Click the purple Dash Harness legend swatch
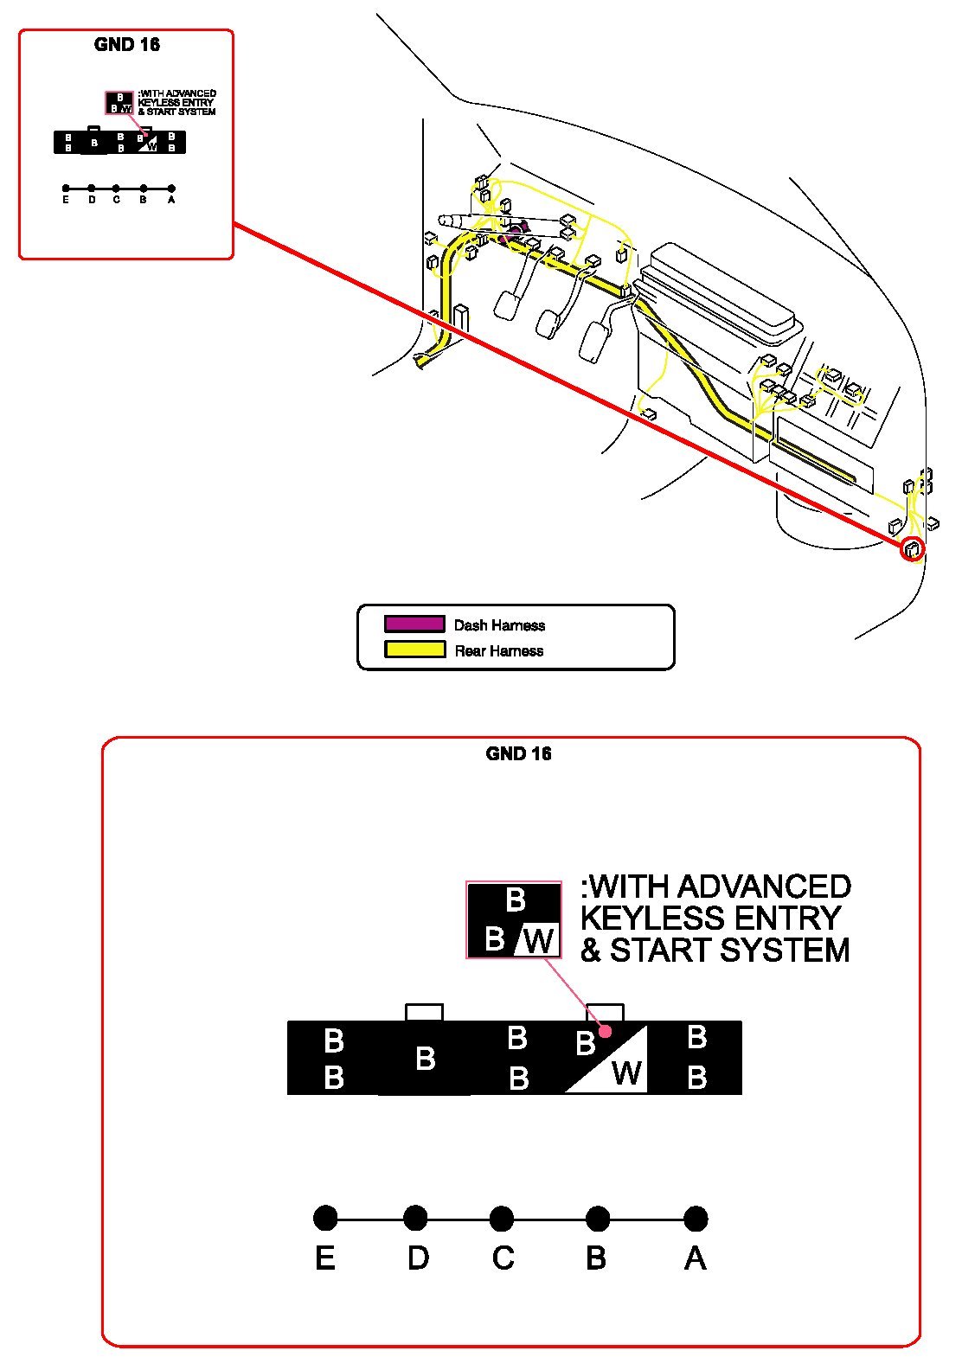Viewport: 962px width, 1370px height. pyautogui.click(x=414, y=624)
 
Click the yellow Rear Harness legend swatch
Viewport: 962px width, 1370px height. pyautogui.click(x=414, y=650)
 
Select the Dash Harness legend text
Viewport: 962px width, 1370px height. pyautogui.click(x=499, y=625)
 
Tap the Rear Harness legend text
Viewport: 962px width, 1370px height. pyautogui.click(x=499, y=651)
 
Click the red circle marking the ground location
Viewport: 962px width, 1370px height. pyautogui.click(x=913, y=549)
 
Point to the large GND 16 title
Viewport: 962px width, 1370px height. pyautogui.click(x=518, y=753)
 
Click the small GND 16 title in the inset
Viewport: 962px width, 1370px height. pyautogui.click(x=126, y=45)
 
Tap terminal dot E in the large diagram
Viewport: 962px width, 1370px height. pyautogui.click(x=325, y=1219)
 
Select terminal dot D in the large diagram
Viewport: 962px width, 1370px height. pyautogui.click(x=415, y=1219)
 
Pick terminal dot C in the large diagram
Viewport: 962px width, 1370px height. pyautogui.click(x=502, y=1219)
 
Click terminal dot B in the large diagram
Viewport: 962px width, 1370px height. pyautogui.click(x=598, y=1219)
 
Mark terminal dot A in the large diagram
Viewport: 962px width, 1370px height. pyautogui.click(x=696, y=1219)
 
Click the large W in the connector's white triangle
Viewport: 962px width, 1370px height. pyautogui.click(x=626, y=1073)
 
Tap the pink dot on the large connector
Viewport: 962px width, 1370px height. pyautogui.click(x=606, y=1031)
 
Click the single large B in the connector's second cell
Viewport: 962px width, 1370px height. pyautogui.click(x=425, y=1058)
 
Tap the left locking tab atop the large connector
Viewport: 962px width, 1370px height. pyautogui.click(x=424, y=1012)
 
